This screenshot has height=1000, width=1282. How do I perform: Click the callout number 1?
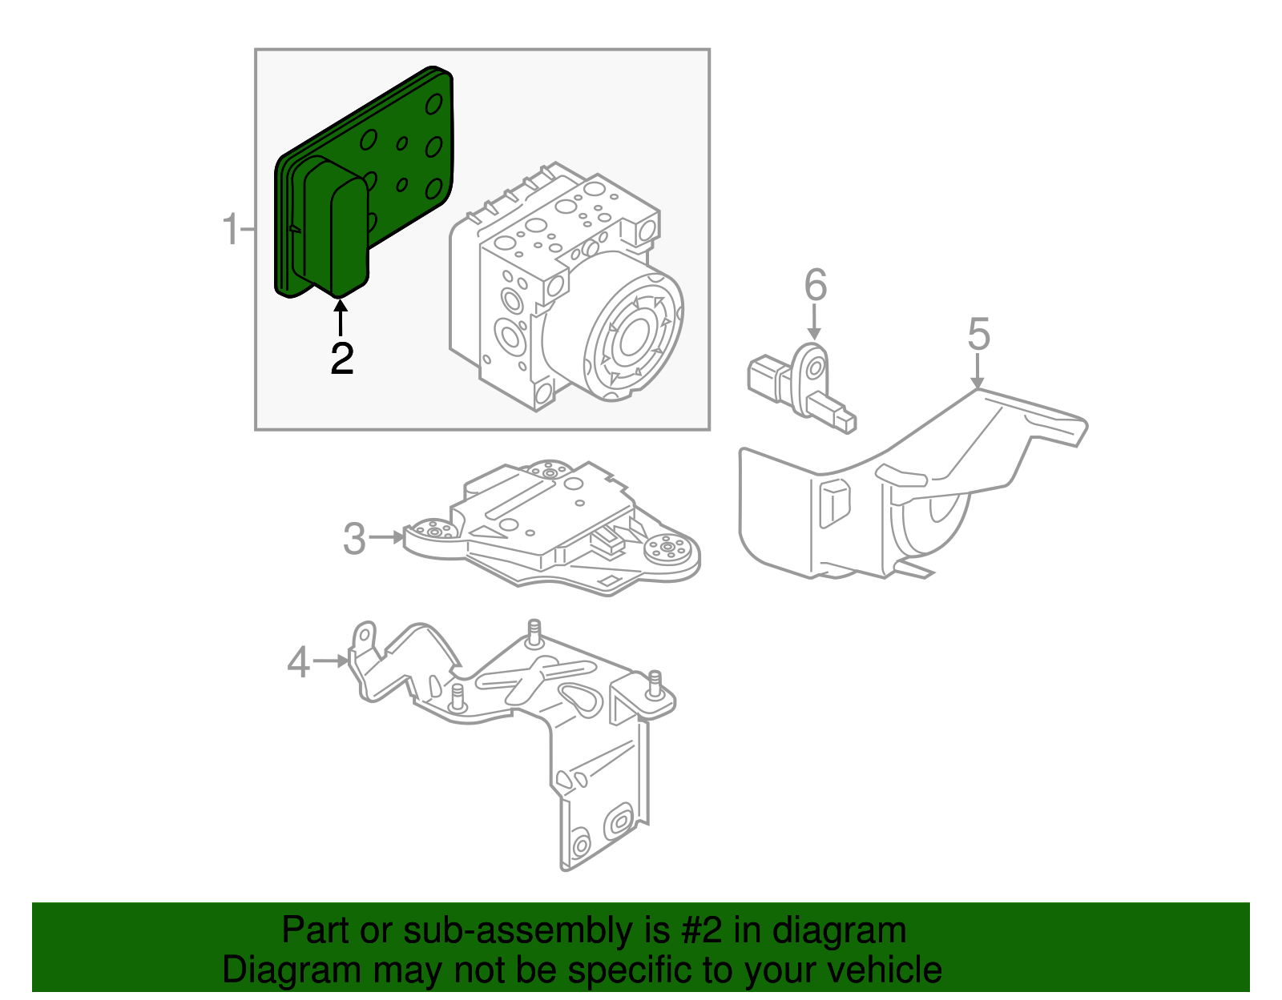click(x=230, y=230)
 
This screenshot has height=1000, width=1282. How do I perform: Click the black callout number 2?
click(x=342, y=359)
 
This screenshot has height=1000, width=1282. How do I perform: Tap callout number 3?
click(x=354, y=539)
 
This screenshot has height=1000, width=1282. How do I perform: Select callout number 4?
click(x=298, y=663)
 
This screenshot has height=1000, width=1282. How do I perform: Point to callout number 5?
click(x=978, y=334)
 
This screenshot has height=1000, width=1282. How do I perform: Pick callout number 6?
click(x=815, y=286)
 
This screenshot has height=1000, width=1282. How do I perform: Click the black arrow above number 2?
click(x=341, y=317)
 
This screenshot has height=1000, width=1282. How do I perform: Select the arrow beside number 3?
click(x=388, y=537)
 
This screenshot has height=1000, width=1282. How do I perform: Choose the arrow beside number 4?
click(x=331, y=661)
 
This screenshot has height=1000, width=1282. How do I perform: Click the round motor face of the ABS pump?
click(x=633, y=336)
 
